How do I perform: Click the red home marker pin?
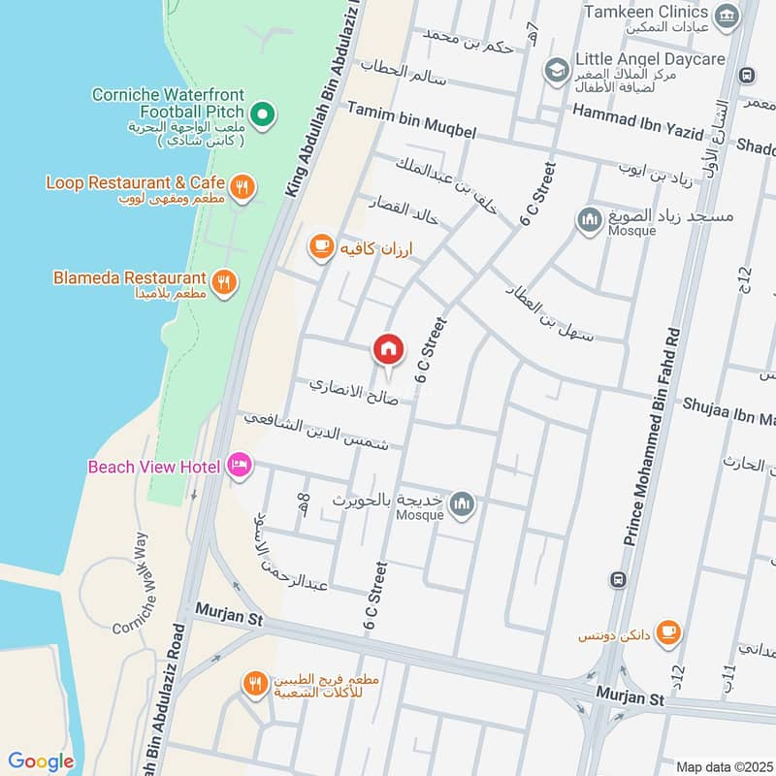[388, 348]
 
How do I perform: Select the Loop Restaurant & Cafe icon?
[242, 184]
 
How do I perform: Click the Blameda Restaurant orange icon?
[225, 282]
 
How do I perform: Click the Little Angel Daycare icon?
[556, 69]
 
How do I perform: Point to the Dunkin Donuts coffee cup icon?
[667, 632]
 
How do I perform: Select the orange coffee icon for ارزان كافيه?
[320, 246]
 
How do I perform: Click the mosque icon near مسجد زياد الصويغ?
[588, 220]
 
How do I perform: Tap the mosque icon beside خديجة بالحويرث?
[463, 502]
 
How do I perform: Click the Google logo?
[41, 761]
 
